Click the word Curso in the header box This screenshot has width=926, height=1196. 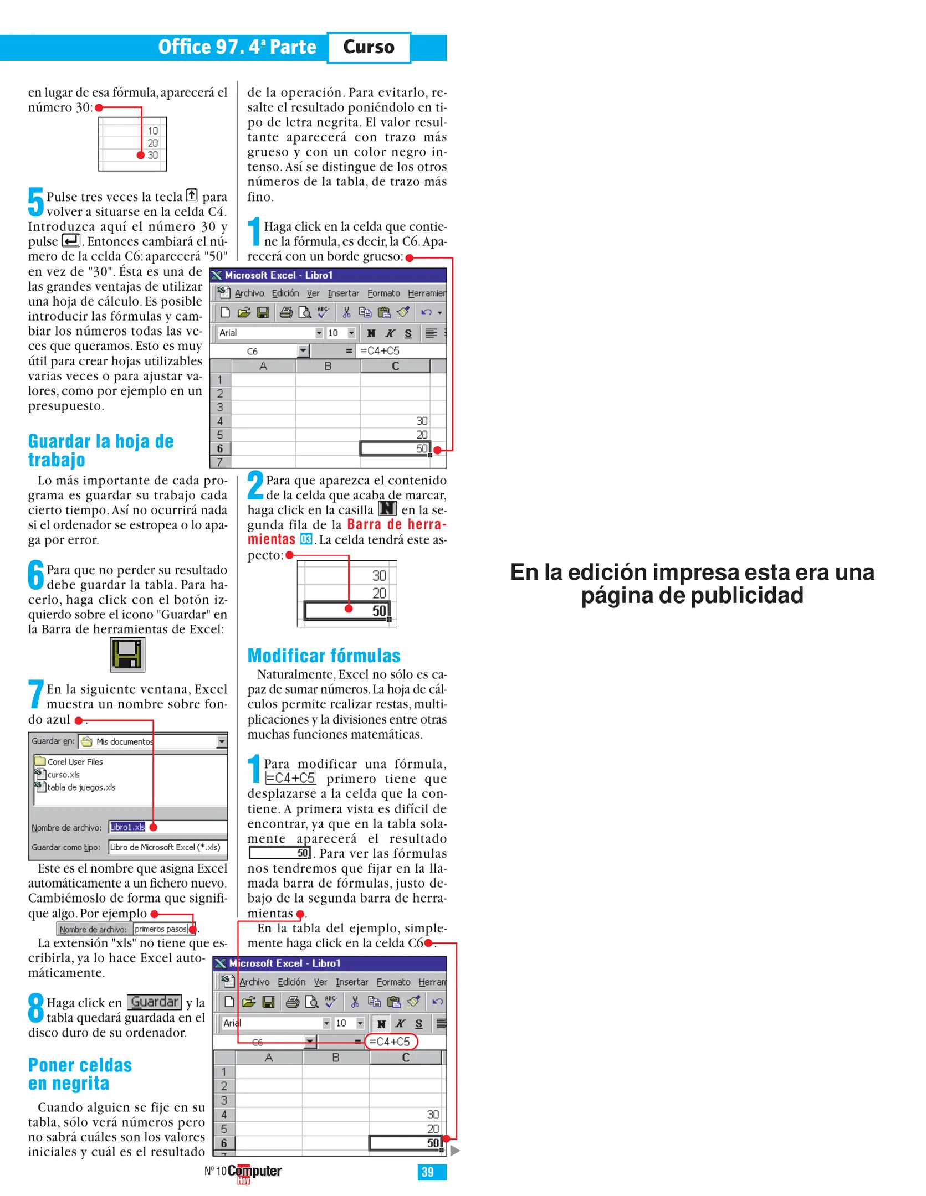368,47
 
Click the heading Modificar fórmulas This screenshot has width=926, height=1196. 323,656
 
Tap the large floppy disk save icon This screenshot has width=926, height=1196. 127,654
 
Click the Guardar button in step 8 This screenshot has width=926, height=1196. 154,1002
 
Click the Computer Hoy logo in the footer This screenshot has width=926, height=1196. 254,1172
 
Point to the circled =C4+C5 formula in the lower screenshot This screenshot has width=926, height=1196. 390,1042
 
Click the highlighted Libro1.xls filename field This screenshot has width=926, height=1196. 127,827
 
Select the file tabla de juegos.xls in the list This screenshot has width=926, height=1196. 81,787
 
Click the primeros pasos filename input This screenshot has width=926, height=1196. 161,929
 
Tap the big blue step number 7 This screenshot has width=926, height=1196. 36,694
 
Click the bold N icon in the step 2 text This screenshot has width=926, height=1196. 387,508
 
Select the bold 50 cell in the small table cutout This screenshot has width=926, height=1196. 378,611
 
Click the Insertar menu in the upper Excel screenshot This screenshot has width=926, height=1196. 343,293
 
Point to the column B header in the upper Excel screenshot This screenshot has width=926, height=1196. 328,366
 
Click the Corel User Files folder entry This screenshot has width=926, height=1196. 74,762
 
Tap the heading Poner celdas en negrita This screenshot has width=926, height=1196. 80,1074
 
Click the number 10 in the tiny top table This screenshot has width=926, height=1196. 153,131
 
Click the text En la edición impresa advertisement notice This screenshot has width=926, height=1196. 692,584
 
